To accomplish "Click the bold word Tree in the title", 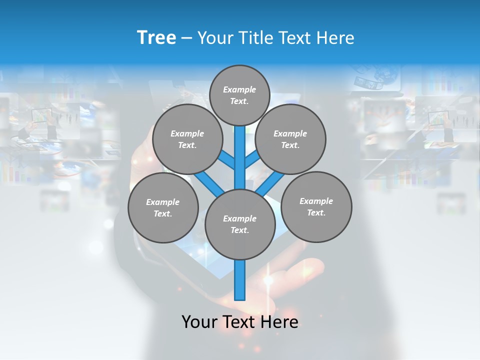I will click(x=156, y=38).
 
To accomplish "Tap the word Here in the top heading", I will click(x=336, y=38).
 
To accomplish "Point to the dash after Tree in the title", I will click(x=186, y=38).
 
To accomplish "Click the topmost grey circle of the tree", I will click(x=239, y=95).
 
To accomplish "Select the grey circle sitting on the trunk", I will click(x=240, y=224).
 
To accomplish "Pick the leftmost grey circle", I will click(x=163, y=207).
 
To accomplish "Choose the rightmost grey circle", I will click(x=316, y=206).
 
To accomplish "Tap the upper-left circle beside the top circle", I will click(x=187, y=139).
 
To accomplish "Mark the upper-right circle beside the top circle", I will click(x=290, y=139).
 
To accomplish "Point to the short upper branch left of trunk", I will click(x=226, y=160).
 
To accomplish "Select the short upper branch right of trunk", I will click(x=252, y=160).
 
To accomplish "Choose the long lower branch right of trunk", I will click(x=270, y=183).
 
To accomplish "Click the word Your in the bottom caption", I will click(x=199, y=322).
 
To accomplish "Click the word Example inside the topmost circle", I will click(x=239, y=90).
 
